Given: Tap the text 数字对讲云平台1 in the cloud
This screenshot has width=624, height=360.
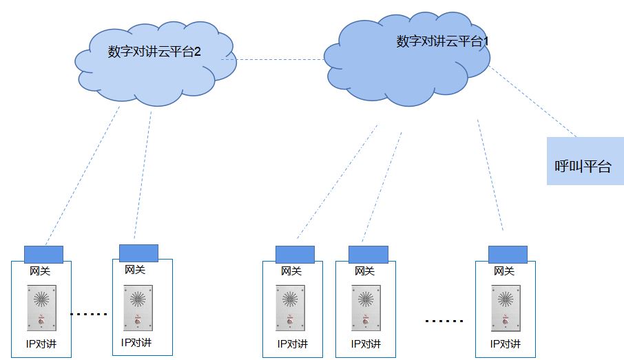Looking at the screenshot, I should pyautogui.click(x=443, y=41).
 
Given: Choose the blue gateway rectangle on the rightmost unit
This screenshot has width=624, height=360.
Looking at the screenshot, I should pyautogui.click(x=508, y=254).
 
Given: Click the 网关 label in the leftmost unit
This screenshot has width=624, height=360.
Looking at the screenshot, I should pyautogui.click(x=40, y=271).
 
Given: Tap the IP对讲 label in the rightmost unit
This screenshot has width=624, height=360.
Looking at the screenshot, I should pyautogui.click(x=506, y=343).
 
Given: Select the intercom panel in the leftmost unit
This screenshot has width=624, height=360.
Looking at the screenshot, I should pyautogui.click(x=41, y=308).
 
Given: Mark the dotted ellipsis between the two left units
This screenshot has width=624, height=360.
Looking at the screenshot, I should pyautogui.click(x=90, y=314).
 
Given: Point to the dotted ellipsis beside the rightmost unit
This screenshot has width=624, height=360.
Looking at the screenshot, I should pyautogui.click(x=444, y=321).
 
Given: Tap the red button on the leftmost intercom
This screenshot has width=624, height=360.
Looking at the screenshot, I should pyautogui.click(x=41, y=321).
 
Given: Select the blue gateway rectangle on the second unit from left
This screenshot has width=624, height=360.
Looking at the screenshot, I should pyautogui.click(x=138, y=253).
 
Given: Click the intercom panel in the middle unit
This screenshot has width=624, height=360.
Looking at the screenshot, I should pyautogui.click(x=291, y=308).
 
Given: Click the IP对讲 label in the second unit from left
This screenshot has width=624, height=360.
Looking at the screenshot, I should pyautogui.click(x=136, y=342).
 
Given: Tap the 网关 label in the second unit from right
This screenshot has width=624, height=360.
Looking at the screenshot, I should pyautogui.click(x=364, y=271).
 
